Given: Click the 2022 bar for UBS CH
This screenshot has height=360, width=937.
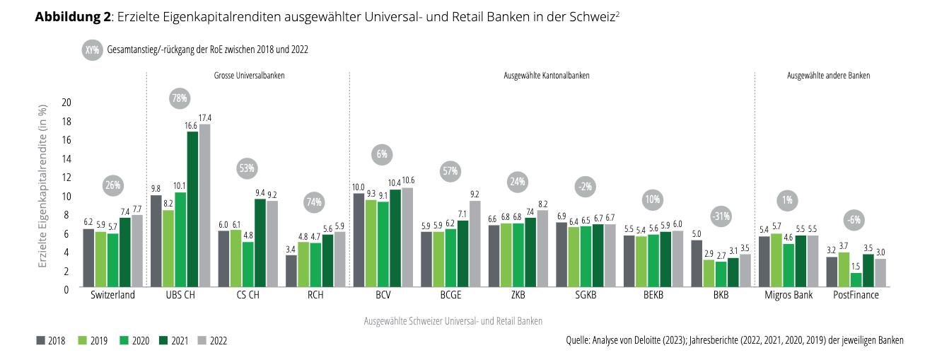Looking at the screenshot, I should pos(204,205).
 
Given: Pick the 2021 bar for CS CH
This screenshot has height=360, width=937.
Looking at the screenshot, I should pos(260,243).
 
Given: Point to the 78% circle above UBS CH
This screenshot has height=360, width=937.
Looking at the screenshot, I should pos(179,98).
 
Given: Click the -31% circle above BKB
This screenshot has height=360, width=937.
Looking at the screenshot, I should pos(720,216).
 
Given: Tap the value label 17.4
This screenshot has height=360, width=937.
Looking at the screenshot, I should pos(205,117).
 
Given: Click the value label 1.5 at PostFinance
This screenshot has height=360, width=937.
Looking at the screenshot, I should pos(856,266).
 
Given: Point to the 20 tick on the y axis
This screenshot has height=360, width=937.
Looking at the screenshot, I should pos(66,103).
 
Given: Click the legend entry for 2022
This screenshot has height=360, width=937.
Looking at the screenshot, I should pos(212,341).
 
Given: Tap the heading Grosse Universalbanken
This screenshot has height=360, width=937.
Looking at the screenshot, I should pos(249,75).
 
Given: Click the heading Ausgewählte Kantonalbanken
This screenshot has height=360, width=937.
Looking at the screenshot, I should pos(546,75).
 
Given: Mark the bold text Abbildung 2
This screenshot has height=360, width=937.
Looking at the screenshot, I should pos(72,18).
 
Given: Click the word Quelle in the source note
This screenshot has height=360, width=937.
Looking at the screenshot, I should pos(580,341).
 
